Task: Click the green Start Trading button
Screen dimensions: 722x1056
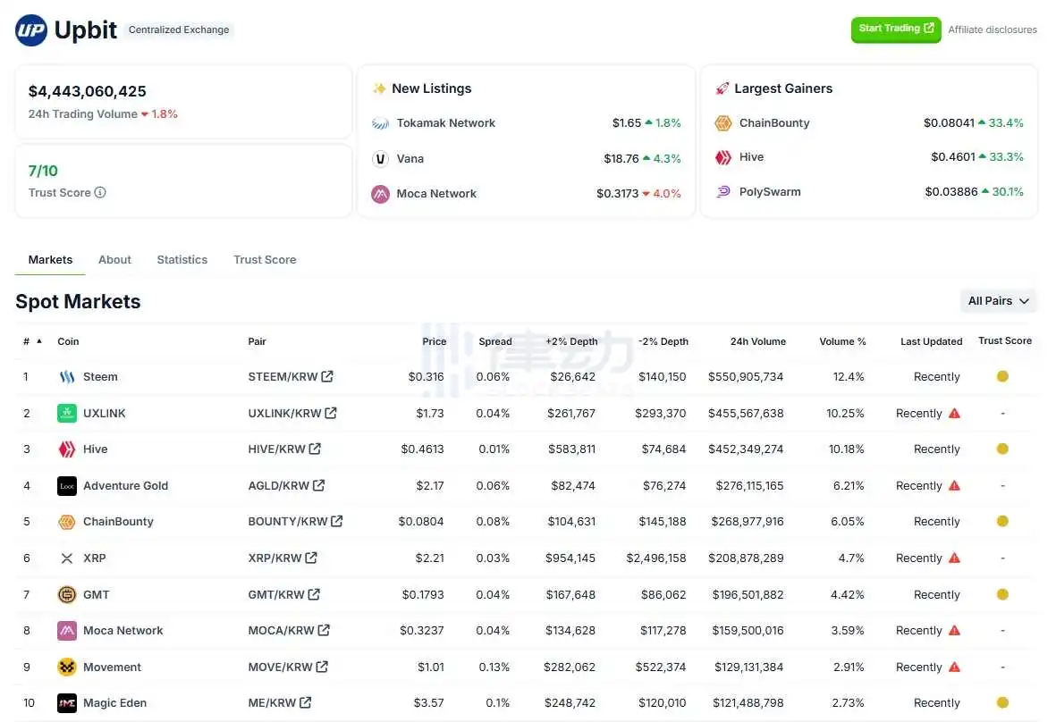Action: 895,29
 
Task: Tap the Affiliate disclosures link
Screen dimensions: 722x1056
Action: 993,29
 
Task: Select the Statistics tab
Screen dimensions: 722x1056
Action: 182,259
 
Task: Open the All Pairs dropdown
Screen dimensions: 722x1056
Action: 998,301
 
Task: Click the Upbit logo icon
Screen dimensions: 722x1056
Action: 31,30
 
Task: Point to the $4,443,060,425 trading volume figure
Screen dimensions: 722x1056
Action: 88,91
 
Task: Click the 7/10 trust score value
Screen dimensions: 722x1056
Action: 43,171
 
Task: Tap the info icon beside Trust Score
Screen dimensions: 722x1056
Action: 100,192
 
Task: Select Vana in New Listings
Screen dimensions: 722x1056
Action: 410,158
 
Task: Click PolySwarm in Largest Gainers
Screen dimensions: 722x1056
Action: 770,191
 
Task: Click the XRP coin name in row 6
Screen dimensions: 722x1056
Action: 94,558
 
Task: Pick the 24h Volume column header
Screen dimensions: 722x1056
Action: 757,341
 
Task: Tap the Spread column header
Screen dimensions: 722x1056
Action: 494,341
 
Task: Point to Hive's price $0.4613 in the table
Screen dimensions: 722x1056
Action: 422,449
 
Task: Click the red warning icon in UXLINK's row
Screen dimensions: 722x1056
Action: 954,413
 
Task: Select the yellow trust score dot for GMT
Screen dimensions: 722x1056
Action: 1002,594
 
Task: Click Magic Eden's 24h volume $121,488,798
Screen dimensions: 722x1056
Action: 748,703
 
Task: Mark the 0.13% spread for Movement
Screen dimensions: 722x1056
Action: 494,667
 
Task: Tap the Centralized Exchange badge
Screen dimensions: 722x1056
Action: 179,29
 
